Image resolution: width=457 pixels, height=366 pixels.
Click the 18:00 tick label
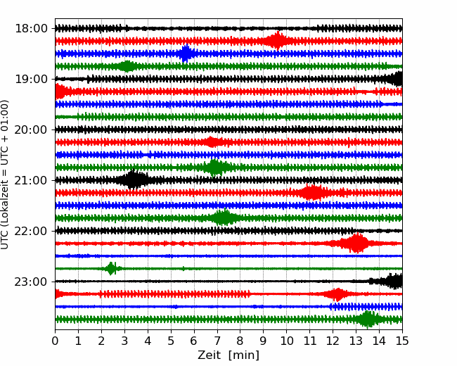click(x=31, y=28)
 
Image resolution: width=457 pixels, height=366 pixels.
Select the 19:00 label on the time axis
click(x=31, y=79)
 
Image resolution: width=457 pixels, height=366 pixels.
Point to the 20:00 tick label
click(x=31, y=130)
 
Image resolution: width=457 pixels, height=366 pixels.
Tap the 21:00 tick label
click(x=31, y=180)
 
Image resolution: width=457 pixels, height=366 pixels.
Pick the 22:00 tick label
click(x=31, y=231)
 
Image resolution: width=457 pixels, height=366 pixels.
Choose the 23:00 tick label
click(x=31, y=282)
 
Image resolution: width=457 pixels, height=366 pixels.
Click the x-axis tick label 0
click(x=56, y=341)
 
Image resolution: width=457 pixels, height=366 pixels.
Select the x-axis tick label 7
click(x=217, y=341)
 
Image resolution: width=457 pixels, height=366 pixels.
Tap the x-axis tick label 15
click(x=402, y=341)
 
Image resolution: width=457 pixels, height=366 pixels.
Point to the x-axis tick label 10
click(x=287, y=341)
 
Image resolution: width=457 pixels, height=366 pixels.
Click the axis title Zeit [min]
click(x=228, y=355)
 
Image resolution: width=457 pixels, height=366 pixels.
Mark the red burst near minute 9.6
click(x=278, y=41)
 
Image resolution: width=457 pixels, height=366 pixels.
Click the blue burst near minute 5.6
click(x=186, y=53)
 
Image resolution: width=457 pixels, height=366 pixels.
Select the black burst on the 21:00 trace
click(x=133, y=180)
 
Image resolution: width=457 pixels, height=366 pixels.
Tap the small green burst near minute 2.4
click(x=111, y=268)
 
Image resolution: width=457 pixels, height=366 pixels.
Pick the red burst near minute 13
click(x=356, y=244)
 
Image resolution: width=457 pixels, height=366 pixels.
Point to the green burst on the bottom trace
click(x=368, y=320)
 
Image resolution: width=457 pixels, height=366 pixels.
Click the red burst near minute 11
click(x=311, y=193)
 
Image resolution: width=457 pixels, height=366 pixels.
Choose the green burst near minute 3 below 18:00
click(x=127, y=66)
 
